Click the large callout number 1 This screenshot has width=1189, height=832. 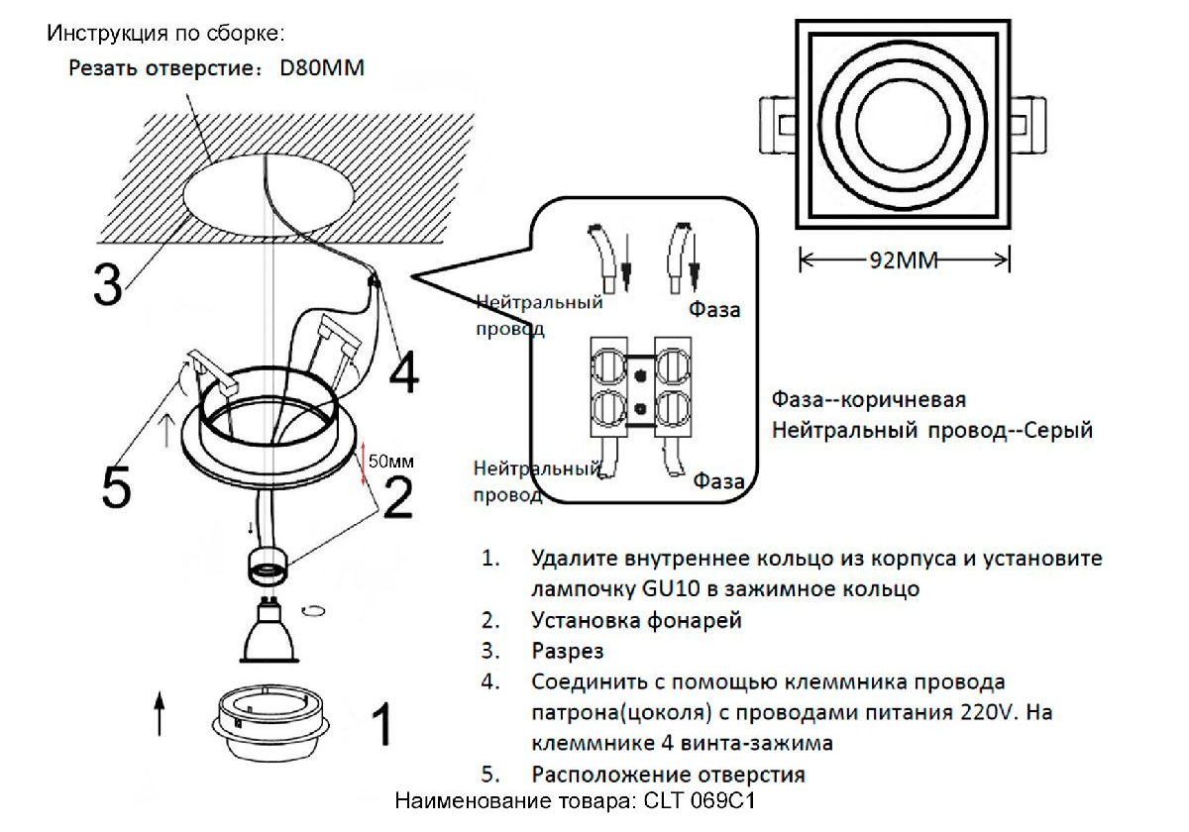[x=379, y=725]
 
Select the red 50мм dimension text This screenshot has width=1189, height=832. [x=390, y=461]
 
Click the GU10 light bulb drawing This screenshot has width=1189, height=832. [x=268, y=633]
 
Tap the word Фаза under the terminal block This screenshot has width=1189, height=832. [x=718, y=481]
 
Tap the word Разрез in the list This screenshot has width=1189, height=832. [x=568, y=652]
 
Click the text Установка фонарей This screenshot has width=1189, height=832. [x=636, y=621]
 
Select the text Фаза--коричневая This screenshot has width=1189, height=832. [x=868, y=400]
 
